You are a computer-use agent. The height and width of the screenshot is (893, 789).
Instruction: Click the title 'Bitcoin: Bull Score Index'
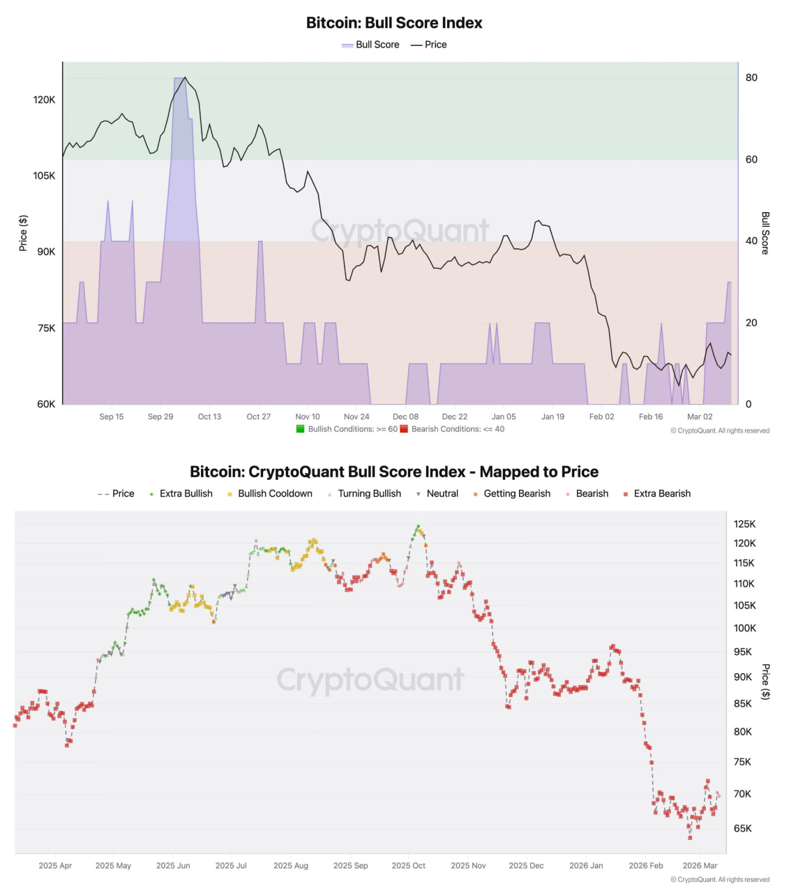click(394, 22)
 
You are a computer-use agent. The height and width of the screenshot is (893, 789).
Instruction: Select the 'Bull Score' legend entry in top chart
click(370, 45)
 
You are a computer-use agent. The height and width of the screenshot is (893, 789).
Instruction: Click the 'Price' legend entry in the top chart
click(428, 45)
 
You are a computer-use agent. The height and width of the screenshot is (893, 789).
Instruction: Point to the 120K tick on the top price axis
click(44, 100)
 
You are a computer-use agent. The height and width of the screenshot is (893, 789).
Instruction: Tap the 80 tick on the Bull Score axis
click(751, 77)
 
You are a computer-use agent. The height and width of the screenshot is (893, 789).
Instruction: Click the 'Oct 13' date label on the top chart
click(209, 417)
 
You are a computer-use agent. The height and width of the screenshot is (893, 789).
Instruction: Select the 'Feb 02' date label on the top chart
click(601, 417)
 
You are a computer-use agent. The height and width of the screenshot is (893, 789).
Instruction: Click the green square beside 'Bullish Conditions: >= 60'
click(301, 429)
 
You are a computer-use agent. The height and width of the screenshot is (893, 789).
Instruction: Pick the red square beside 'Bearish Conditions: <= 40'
click(404, 429)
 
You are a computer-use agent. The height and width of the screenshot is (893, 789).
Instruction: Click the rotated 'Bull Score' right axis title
click(765, 233)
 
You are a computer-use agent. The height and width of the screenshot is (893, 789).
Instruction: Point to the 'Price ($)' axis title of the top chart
click(23, 233)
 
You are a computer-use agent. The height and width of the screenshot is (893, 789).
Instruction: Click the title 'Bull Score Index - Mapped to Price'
click(394, 472)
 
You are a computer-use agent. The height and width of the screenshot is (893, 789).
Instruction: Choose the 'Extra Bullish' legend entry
click(181, 493)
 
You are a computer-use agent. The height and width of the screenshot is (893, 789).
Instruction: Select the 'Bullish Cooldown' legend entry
click(270, 493)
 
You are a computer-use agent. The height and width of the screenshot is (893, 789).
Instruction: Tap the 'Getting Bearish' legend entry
click(511, 493)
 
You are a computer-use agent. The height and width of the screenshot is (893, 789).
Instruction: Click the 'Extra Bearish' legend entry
click(656, 493)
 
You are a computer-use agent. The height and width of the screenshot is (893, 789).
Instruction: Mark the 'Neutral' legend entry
click(437, 493)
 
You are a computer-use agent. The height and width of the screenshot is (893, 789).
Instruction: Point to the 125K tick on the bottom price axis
click(744, 524)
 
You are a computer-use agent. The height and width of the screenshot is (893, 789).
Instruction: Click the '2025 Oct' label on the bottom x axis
click(408, 865)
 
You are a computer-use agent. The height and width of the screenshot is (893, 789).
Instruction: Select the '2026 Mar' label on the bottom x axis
click(700, 865)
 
